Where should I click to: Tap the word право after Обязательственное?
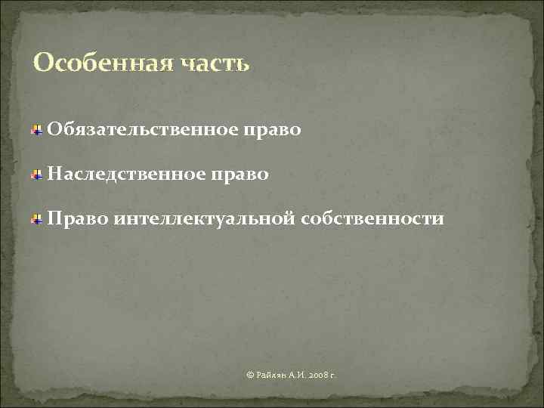click(x=273, y=131)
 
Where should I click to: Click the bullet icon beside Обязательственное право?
click(x=36, y=131)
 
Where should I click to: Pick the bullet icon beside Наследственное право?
click(x=36, y=175)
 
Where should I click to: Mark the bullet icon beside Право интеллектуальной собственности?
click(x=36, y=220)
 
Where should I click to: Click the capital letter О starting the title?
click(x=44, y=63)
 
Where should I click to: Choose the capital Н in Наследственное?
click(x=54, y=175)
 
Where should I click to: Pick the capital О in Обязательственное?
click(x=54, y=130)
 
